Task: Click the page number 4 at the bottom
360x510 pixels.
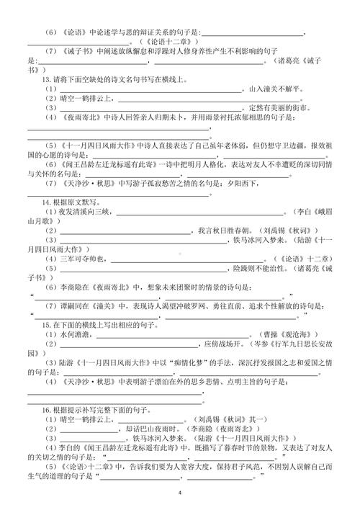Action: click(180, 491)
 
